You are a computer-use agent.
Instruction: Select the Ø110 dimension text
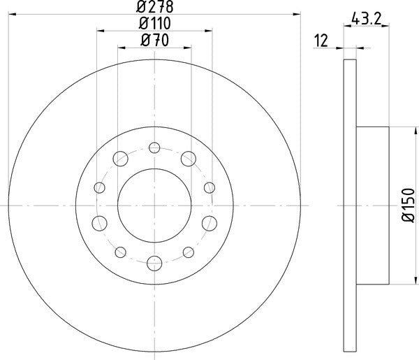(x=154, y=24)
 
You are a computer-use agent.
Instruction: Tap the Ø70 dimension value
(x=154, y=41)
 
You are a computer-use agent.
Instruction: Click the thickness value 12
(x=322, y=41)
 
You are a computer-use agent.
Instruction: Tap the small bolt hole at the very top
(x=154, y=147)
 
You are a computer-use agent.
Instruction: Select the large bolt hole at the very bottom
(x=154, y=263)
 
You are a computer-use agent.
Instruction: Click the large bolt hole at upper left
(x=120, y=159)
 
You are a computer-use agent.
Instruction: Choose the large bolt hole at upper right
(x=188, y=159)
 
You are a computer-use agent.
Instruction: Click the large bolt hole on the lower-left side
(x=99, y=224)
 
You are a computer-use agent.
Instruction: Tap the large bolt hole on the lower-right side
(x=209, y=224)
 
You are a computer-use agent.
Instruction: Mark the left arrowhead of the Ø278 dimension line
(x=12, y=13)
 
